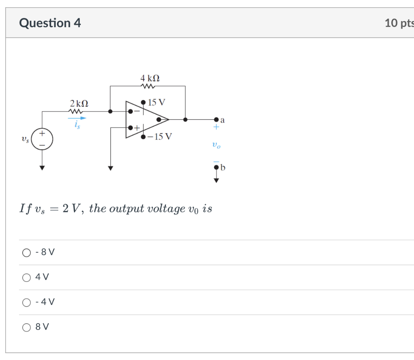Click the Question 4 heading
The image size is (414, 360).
pyautogui.click(x=50, y=23)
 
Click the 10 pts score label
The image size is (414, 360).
pyautogui.click(x=399, y=23)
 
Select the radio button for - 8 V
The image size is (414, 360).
pyautogui.click(x=27, y=253)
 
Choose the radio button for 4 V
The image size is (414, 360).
pyautogui.click(x=27, y=277)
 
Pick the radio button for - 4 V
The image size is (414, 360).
pyautogui.click(x=27, y=302)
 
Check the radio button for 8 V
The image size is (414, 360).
pyautogui.click(x=27, y=327)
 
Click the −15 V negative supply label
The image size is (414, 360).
pyautogui.click(x=159, y=136)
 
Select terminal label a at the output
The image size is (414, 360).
pyautogui.click(x=222, y=120)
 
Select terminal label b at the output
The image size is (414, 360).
pyautogui.click(x=223, y=167)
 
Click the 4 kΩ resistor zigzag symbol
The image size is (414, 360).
pyautogui.click(x=148, y=86)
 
